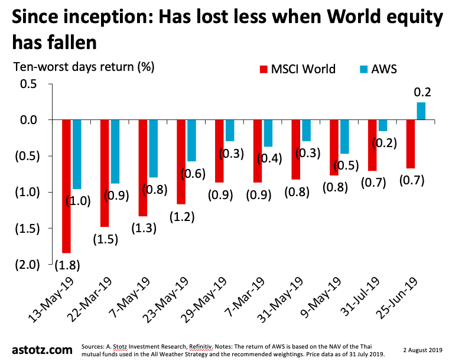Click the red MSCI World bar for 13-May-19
click(66, 186)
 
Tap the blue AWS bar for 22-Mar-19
click(115, 151)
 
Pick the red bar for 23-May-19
click(181, 161)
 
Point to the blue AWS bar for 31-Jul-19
click(383, 125)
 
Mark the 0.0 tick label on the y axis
click(28, 120)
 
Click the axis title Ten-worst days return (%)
click(83, 66)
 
